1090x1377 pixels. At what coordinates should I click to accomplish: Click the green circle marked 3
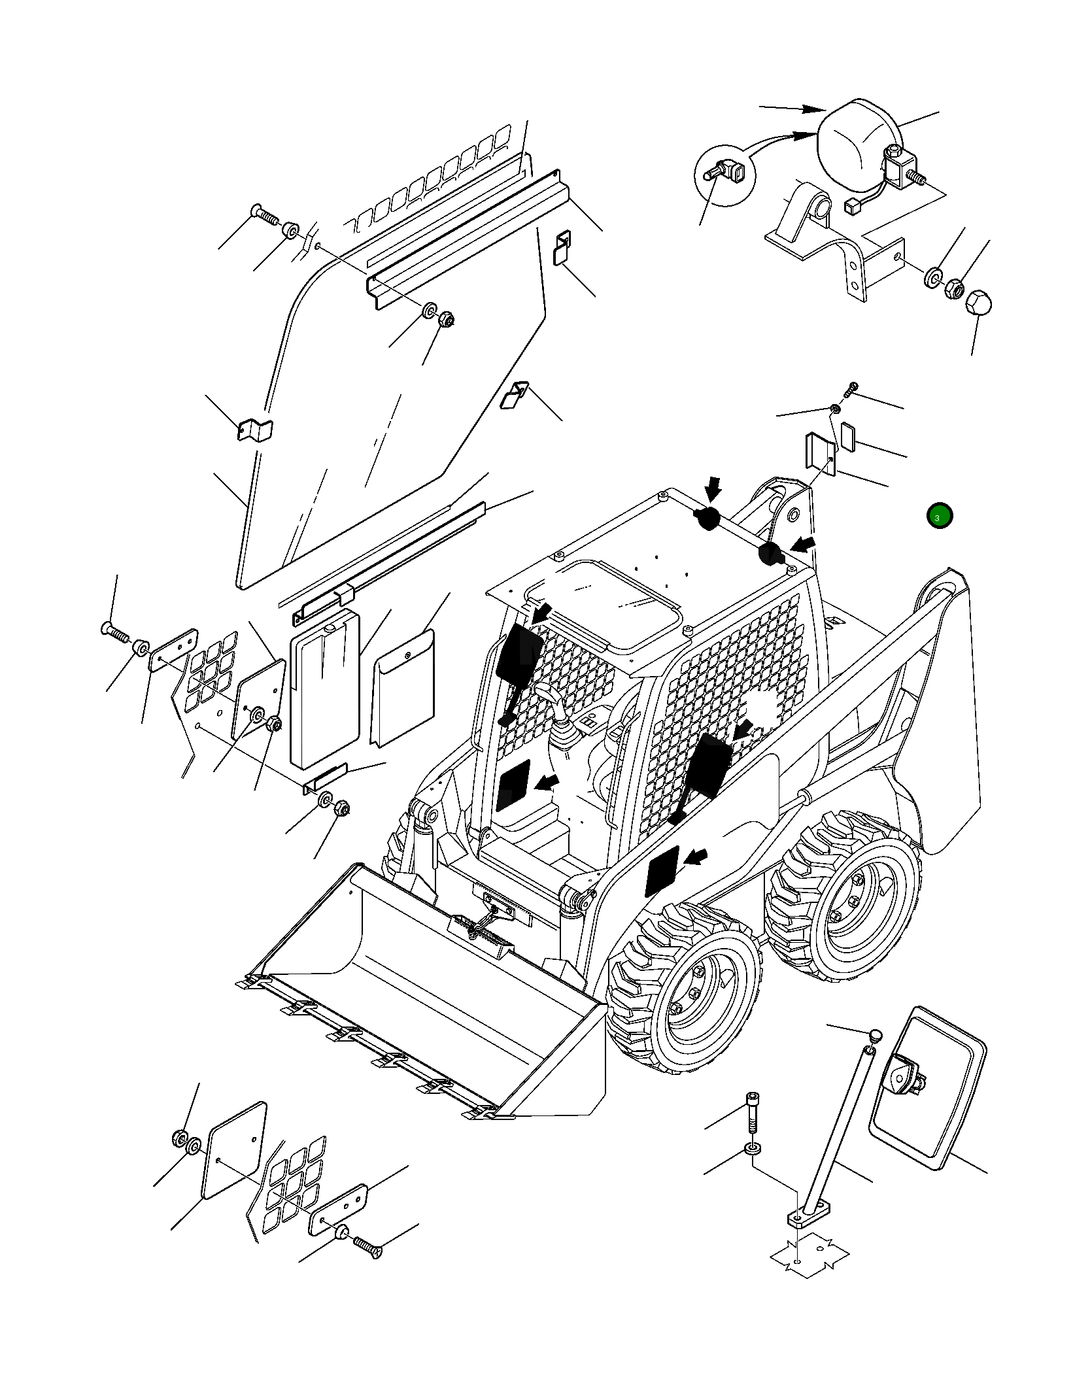click(x=939, y=517)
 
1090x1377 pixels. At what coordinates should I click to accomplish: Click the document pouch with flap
click(x=403, y=687)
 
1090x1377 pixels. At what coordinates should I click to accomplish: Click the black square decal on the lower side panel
click(x=662, y=872)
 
